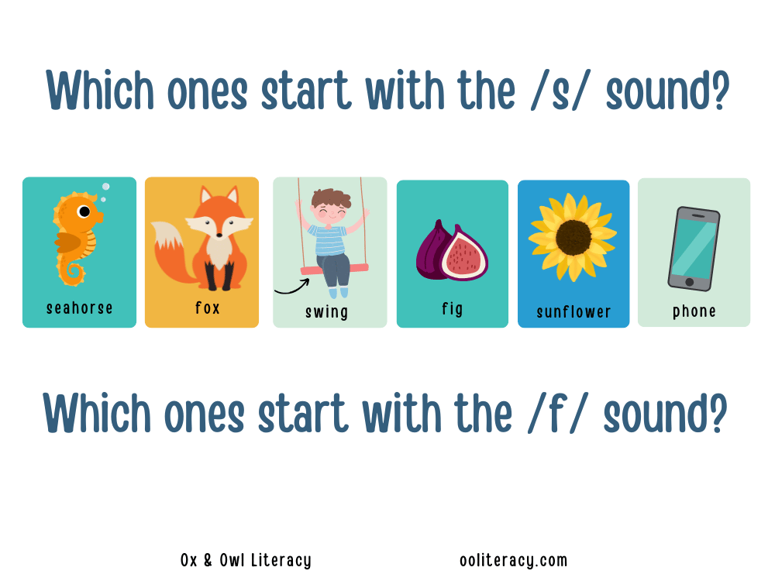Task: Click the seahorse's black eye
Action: click(x=84, y=211)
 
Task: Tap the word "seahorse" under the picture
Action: click(x=80, y=308)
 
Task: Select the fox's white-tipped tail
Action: click(x=170, y=250)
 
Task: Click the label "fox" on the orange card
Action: click(x=207, y=308)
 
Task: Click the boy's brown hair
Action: click(x=331, y=197)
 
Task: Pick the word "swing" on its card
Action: click(x=327, y=312)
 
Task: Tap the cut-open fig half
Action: click(x=463, y=254)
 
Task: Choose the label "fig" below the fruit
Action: click(x=453, y=309)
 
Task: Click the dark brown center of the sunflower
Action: click(x=573, y=237)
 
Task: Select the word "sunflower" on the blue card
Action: click(x=573, y=311)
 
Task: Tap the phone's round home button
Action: click(x=690, y=282)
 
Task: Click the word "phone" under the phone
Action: click(x=694, y=311)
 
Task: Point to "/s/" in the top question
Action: click(x=560, y=91)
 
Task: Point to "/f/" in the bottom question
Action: click(x=557, y=414)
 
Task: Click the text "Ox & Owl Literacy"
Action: click(x=246, y=560)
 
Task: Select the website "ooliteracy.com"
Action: click(x=514, y=560)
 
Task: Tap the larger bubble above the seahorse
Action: click(x=105, y=187)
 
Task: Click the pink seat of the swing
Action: click(x=335, y=270)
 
